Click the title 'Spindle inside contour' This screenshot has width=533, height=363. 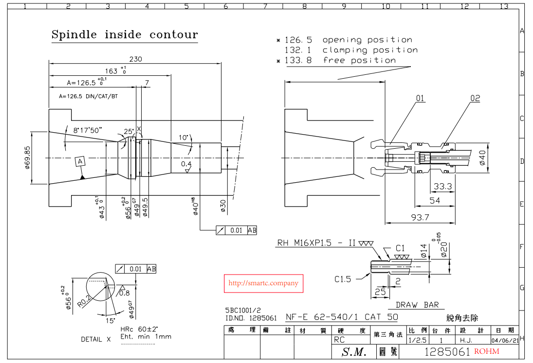point(125,35)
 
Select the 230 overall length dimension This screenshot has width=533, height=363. point(135,59)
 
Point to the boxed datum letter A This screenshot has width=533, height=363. point(80,161)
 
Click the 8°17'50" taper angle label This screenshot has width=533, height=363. point(88,131)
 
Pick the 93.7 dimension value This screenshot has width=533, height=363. point(420,217)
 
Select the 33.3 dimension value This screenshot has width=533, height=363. point(442,186)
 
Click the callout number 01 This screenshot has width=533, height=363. point(420,98)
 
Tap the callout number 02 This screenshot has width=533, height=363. point(475,98)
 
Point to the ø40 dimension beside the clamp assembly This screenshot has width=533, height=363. point(482,157)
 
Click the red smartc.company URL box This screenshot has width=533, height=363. point(263,283)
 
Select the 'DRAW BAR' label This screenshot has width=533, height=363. point(417,305)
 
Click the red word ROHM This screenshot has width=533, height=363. point(486,351)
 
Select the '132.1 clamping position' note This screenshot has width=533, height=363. point(350,50)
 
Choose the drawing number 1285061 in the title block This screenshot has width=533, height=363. point(447,352)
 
